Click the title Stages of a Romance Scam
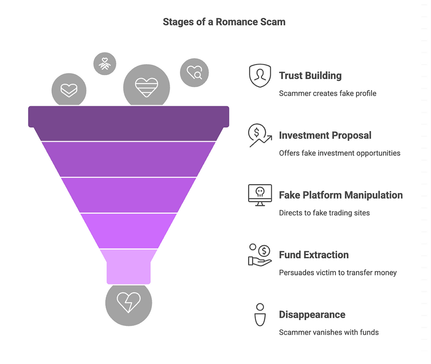[224, 22]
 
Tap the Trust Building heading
[310, 76]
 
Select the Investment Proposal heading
[325, 135]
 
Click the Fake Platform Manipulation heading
[341, 195]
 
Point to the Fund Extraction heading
[314, 255]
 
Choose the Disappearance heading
[312, 315]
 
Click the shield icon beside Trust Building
[260, 76]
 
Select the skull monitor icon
[260, 195]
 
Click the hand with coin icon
[260, 255]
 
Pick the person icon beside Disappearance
[260, 315]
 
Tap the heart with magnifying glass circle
[194, 73]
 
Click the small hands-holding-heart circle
[105, 64]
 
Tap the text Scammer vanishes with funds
[328, 332]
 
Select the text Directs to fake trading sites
[324, 213]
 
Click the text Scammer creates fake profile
[328, 93]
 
